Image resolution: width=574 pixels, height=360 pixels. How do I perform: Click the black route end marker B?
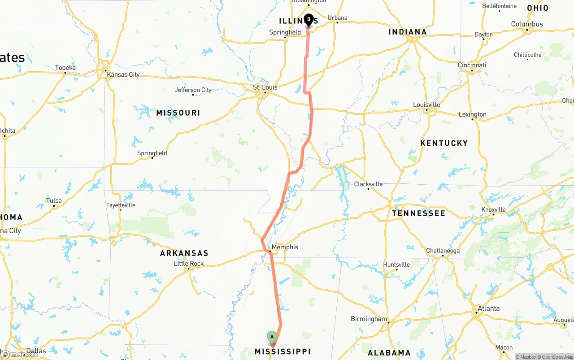click(309, 19)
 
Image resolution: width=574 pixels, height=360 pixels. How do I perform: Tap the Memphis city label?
click(285, 247)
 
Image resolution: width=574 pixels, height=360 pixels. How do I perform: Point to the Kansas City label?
click(123, 74)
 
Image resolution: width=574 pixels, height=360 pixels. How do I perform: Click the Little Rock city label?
click(189, 264)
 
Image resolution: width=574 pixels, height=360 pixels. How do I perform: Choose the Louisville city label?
click(426, 104)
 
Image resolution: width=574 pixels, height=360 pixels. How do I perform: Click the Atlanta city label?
click(488, 308)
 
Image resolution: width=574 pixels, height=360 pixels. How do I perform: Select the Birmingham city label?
click(369, 319)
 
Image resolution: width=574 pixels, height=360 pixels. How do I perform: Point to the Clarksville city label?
click(368, 184)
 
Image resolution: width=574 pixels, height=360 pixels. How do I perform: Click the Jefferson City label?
click(193, 90)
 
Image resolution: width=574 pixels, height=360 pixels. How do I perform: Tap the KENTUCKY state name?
click(444, 143)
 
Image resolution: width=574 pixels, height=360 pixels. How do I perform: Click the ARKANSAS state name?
click(184, 253)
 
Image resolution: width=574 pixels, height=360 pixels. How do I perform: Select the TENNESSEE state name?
click(418, 213)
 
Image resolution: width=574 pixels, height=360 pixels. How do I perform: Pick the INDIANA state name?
click(407, 32)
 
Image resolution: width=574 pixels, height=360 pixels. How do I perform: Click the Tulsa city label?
click(54, 200)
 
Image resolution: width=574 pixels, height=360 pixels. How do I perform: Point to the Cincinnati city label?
click(472, 65)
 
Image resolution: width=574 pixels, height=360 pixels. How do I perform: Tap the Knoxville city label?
click(493, 209)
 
